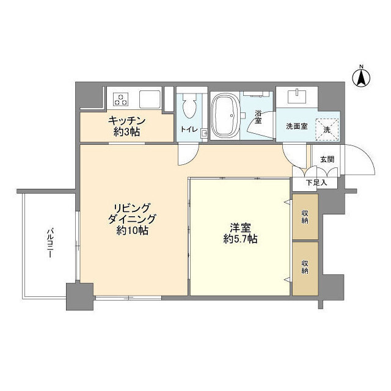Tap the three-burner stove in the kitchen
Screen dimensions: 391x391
[121, 99]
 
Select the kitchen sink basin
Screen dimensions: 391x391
[150, 99]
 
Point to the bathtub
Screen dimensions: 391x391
[225, 115]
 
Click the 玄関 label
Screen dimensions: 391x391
[327, 159]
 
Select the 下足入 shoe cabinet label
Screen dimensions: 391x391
[316, 183]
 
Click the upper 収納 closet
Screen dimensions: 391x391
[305, 216]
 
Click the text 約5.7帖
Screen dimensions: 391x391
[240, 239]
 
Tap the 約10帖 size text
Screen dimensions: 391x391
[132, 231]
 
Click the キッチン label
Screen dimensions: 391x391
[126, 121]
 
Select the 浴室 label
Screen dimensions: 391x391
[258, 117]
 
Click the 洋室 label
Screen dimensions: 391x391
[240, 227]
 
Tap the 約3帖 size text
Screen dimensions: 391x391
[126, 132]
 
